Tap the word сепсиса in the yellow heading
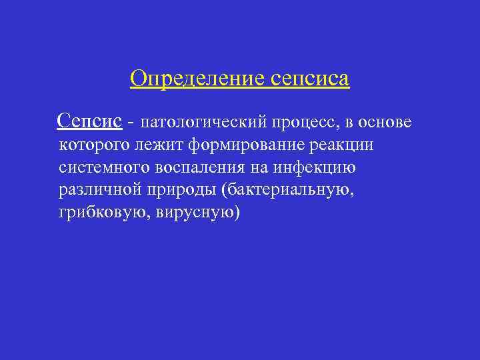[310, 79]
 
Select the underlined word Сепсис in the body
[89, 121]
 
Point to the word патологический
[204, 123]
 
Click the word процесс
[303, 123]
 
